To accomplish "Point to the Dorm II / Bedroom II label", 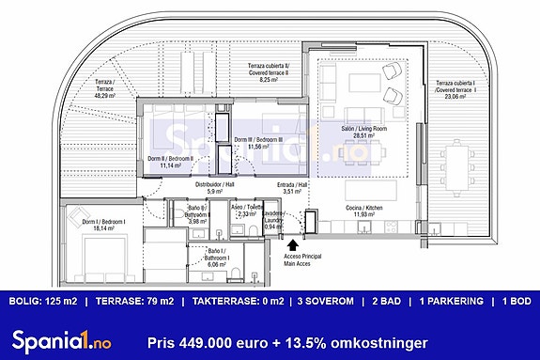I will [x=170, y=162].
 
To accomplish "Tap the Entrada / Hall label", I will [x=293, y=188].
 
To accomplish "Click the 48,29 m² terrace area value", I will [x=104, y=95].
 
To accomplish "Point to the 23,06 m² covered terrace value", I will [x=455, y=96].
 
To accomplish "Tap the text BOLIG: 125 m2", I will [x=43, y=302].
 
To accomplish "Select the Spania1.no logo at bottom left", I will [x=57, y=339].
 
